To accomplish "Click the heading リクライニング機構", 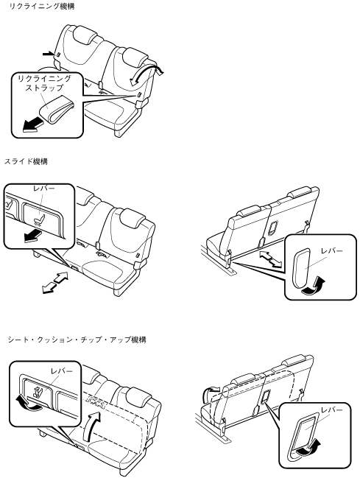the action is [x=41, y=6].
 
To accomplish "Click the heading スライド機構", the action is [x=26, y=161].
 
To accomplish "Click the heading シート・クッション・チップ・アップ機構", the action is [x=77, y=340].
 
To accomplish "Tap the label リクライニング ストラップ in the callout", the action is [x=44, y=83].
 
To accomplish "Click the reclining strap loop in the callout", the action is [x=57, y=109].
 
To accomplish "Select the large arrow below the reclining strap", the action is [x=32, y=125].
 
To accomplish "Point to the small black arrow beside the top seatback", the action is [x=48, y=54].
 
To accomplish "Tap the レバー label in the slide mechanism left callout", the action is [x=44, y=188].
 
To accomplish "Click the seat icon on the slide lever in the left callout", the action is [x=40, y=219].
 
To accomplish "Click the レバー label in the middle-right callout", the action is [x=331, y=251].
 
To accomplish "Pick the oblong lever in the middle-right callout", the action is [x=302, y=268].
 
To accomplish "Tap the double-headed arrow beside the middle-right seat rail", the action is [x=270, y=259].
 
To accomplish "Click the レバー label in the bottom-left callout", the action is [x=62, y=371].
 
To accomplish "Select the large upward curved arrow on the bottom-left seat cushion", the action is [x=92, y=426].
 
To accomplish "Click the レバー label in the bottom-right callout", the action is [x=331, y=410].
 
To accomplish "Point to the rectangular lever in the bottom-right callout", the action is [x=306, y=430].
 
